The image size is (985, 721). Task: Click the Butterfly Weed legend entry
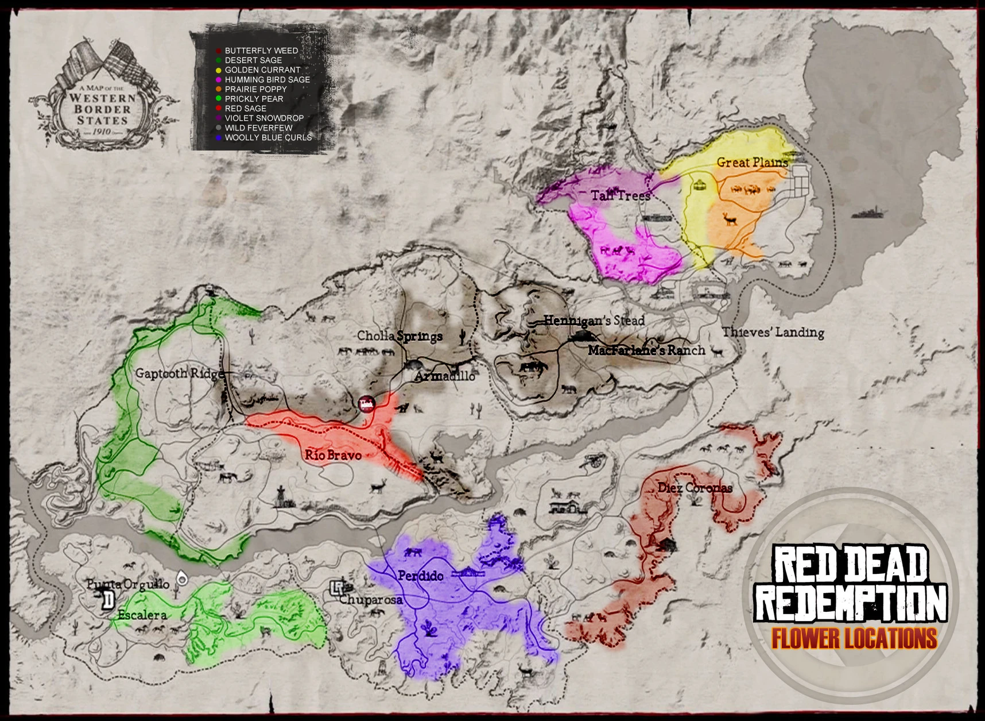[261, 51]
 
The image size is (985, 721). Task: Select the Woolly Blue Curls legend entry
[268, 137]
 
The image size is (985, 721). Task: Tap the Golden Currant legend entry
[262, 70]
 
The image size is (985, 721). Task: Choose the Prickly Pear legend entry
[254, 99]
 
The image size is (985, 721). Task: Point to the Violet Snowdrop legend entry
[264, 118]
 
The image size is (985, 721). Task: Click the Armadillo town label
[445, 376]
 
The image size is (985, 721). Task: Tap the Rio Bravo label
[333, 455]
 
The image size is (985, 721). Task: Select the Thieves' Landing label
[773, 332]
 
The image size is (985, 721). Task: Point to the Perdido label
[421, 575]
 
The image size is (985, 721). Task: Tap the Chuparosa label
[370, 600]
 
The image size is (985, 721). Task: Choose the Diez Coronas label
[695, 488]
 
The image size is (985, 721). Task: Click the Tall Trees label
[621, 195]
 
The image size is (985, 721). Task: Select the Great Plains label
[752, 163]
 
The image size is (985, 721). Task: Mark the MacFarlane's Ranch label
[646, 350]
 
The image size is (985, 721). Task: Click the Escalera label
[142, 615]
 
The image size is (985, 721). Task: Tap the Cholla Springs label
[400, 336]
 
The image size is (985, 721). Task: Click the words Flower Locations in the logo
[854, 638]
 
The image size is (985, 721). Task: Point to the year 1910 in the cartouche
[102, 132]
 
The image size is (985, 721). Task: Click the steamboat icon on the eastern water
[869, 213]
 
